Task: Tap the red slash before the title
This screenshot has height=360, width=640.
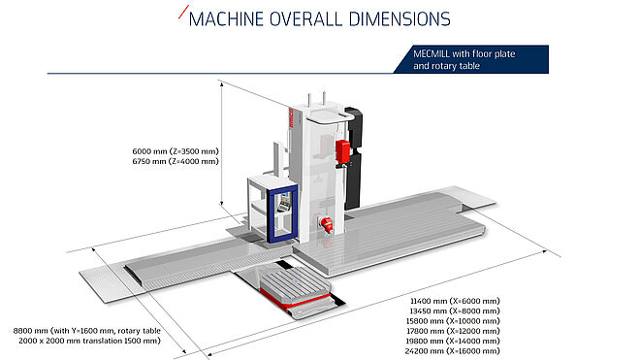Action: (183, 12)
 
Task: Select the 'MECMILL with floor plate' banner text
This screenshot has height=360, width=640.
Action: (464, 53)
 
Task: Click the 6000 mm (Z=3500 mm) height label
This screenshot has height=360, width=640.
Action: (176, 151)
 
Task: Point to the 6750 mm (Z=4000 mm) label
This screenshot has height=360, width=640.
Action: (176, 161)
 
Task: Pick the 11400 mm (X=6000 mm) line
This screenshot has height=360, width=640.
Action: (455, 301)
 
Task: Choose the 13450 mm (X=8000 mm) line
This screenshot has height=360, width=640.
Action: (455, 311)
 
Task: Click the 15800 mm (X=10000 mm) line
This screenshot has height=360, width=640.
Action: (453, 321)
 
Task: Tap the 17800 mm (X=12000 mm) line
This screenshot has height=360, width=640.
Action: (453, 331)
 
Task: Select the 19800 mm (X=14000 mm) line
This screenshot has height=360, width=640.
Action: (453, 341)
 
